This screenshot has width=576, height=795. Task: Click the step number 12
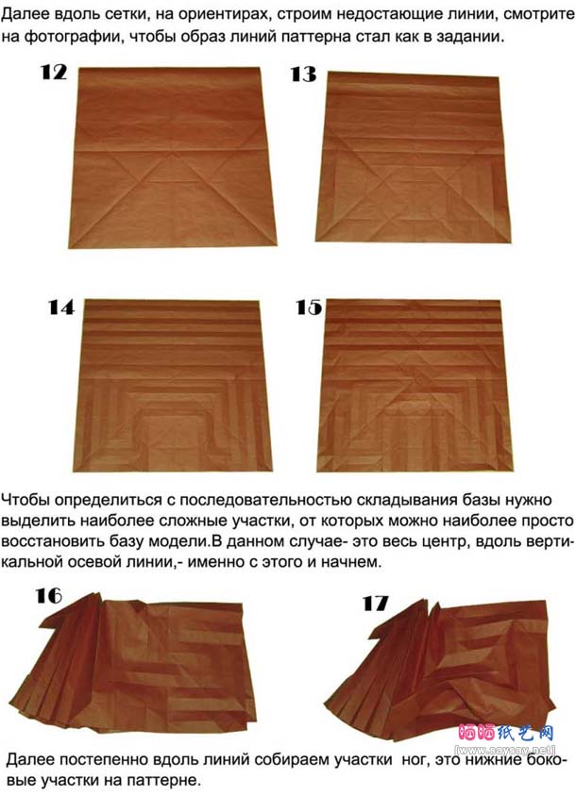point(53,73)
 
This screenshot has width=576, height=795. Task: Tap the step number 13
point(303,75)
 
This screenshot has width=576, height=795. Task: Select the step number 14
point(60,307)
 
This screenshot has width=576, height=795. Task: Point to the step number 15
point(309,307)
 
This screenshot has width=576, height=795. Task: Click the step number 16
point(49,596)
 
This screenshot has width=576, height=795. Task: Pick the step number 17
point(375,604)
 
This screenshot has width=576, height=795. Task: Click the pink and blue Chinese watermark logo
point(505,733)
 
